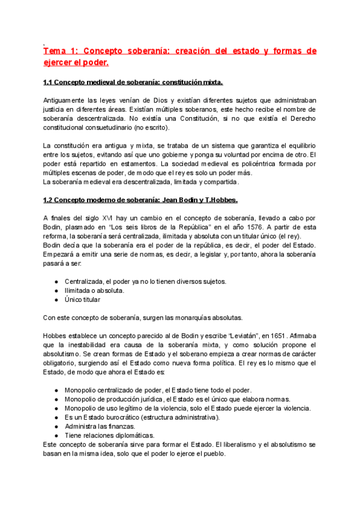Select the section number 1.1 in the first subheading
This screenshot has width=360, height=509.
point(49,82)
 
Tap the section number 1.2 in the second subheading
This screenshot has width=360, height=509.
point(49,200)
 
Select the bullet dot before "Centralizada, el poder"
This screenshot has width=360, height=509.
point(56,282)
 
